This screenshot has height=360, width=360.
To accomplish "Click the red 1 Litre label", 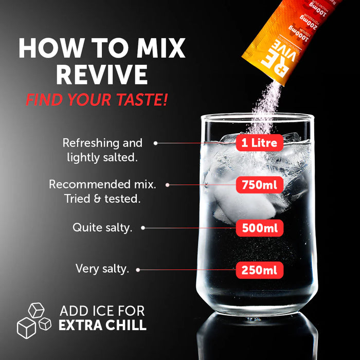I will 259,142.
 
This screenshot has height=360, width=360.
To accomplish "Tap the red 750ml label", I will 259,185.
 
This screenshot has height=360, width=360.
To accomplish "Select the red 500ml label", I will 259,227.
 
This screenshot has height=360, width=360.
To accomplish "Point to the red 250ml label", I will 259,269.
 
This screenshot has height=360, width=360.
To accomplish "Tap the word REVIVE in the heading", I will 101,76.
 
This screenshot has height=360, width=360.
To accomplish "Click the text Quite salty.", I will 102,227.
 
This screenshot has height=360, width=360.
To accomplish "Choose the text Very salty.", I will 102,268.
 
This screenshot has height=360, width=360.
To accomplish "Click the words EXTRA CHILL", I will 102,326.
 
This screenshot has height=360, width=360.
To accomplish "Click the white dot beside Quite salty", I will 143,227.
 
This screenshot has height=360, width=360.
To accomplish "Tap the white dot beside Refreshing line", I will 155,143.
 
